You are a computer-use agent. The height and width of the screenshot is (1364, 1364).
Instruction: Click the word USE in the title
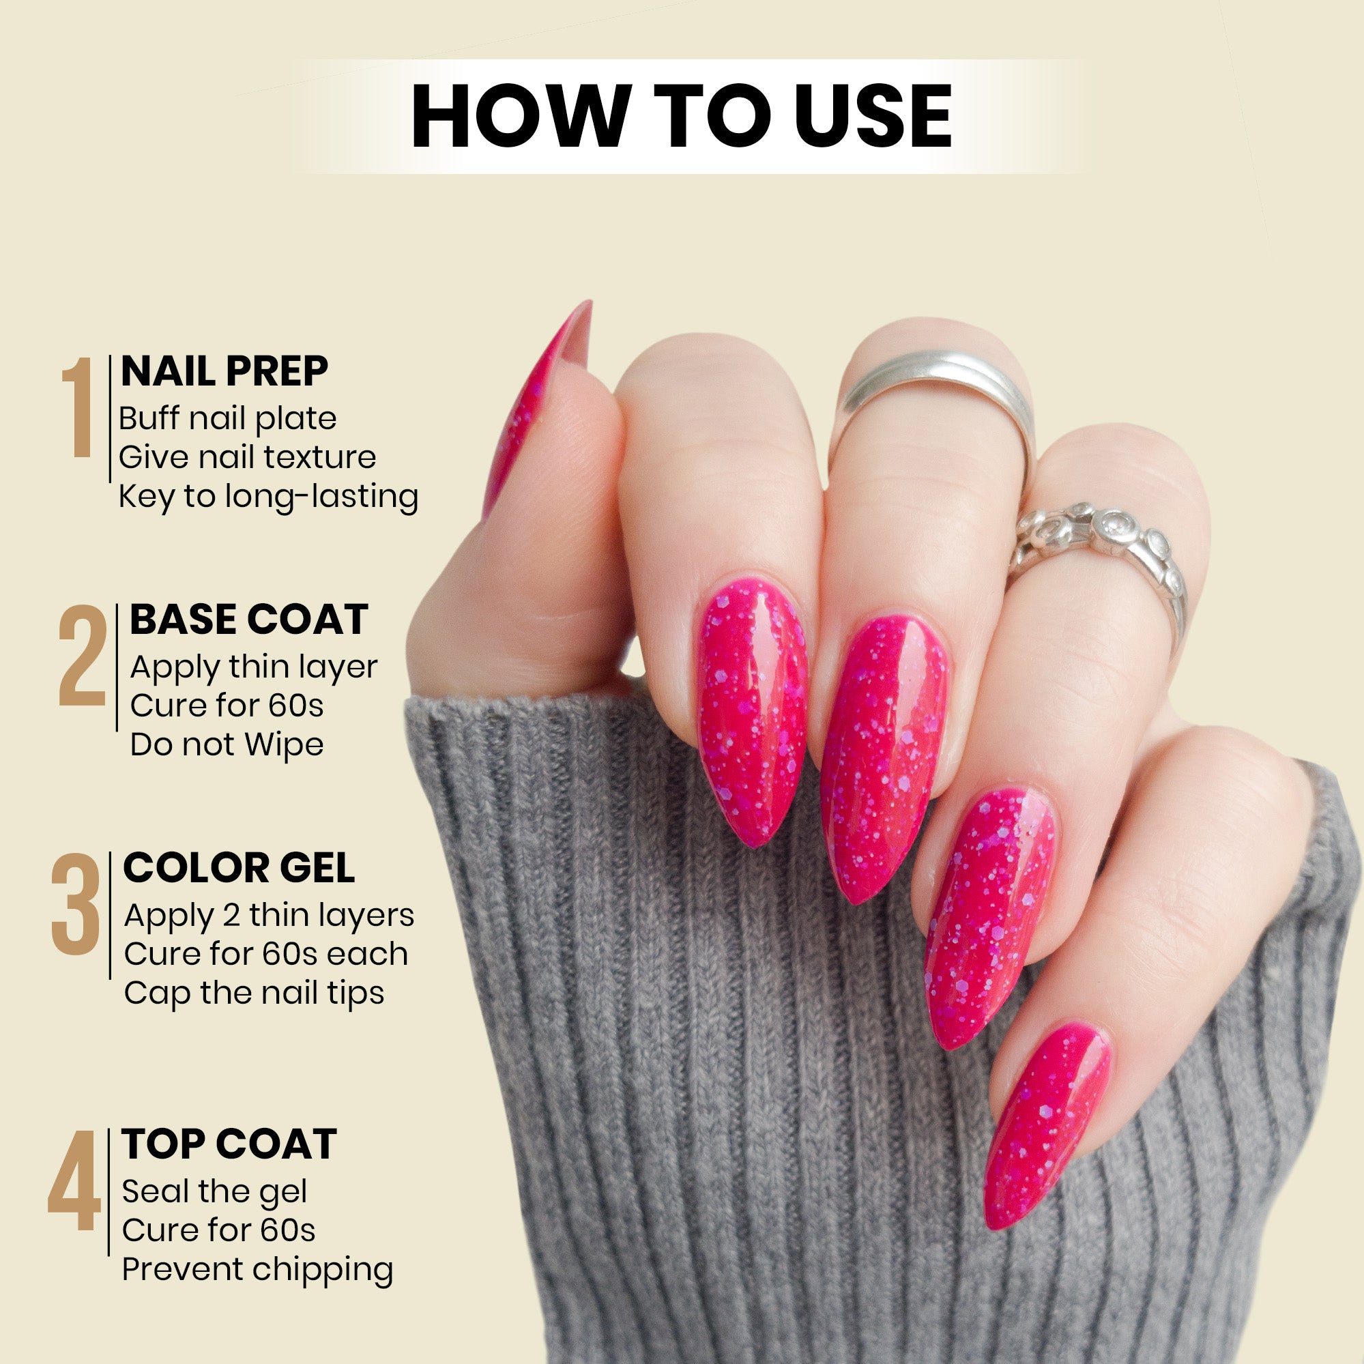(873, 117)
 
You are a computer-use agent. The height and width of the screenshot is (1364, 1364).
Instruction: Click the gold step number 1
(78, 407)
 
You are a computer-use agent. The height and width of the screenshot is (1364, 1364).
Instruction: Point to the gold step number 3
(76, 904)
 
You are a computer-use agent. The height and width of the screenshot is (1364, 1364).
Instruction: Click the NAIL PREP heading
(224, 371)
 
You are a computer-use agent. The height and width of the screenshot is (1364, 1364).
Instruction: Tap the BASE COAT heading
(248, 620)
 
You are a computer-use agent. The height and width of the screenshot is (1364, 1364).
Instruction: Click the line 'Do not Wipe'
(227, 745)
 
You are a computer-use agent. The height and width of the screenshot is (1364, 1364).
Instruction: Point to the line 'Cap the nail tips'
(254, 993)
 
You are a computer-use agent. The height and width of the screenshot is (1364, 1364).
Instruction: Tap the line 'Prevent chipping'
(257, 1268)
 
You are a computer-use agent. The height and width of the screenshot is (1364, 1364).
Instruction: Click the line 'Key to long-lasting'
(268, 496)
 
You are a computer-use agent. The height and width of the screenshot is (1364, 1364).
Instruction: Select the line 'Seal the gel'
(215, 1192)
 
